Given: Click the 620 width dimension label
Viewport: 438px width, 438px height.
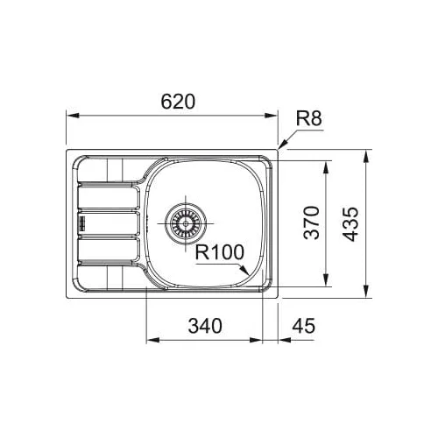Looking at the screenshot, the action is (178, 102).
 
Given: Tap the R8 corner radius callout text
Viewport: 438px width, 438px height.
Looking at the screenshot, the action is (309, 118).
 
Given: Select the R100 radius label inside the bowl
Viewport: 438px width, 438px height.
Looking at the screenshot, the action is (219, 252).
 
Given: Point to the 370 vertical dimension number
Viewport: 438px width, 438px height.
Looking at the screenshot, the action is (311, 223).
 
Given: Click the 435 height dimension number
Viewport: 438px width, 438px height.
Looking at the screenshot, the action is (350, 224).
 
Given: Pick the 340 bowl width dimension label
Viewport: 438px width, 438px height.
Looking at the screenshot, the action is (205, 326).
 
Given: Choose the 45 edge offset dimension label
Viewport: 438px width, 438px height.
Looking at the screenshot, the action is (304, 326).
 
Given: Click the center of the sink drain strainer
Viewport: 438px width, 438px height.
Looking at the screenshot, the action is (186, 223).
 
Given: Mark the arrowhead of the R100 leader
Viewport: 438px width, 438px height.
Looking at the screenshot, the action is (244, 270).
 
